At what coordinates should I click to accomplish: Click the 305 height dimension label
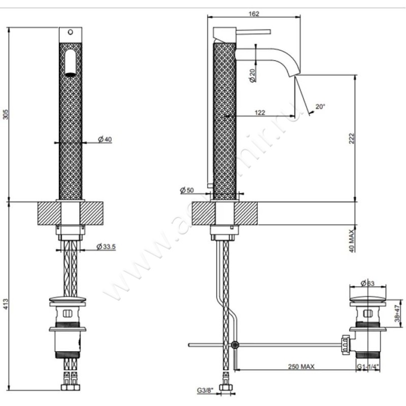pos(6,115)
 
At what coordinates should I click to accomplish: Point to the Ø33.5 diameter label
pos(106,247)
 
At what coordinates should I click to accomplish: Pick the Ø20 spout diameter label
pos(252,75)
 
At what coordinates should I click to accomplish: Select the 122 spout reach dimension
pos(259,113)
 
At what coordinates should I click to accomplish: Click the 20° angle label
pos(320,107)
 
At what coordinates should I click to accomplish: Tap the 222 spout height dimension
pos(351,138)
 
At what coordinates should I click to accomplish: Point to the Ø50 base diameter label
pos(187,190)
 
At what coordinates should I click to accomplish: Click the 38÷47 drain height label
pos(399,311)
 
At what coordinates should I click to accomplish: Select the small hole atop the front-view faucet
pos(71,33)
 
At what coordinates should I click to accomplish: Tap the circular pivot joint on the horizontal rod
pos(234,345)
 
